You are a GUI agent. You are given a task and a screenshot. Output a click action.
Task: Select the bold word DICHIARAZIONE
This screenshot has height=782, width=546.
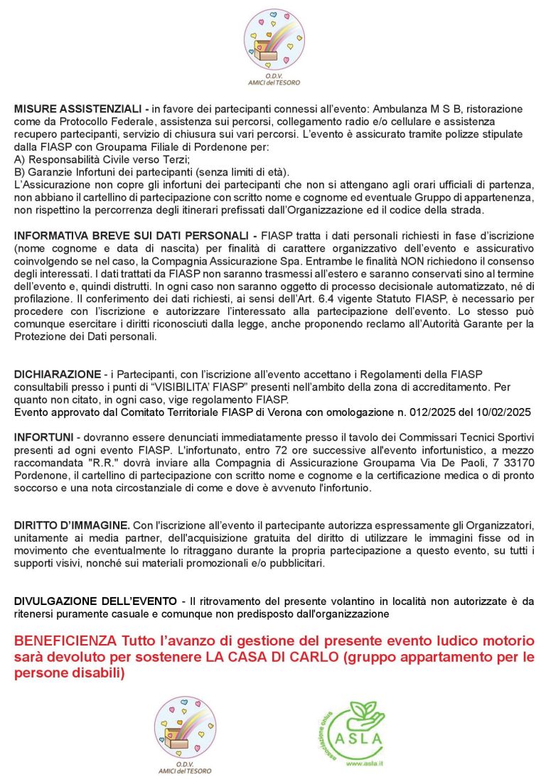(57, 374)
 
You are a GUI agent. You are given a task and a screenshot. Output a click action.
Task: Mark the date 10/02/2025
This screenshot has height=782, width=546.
(503, 412)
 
